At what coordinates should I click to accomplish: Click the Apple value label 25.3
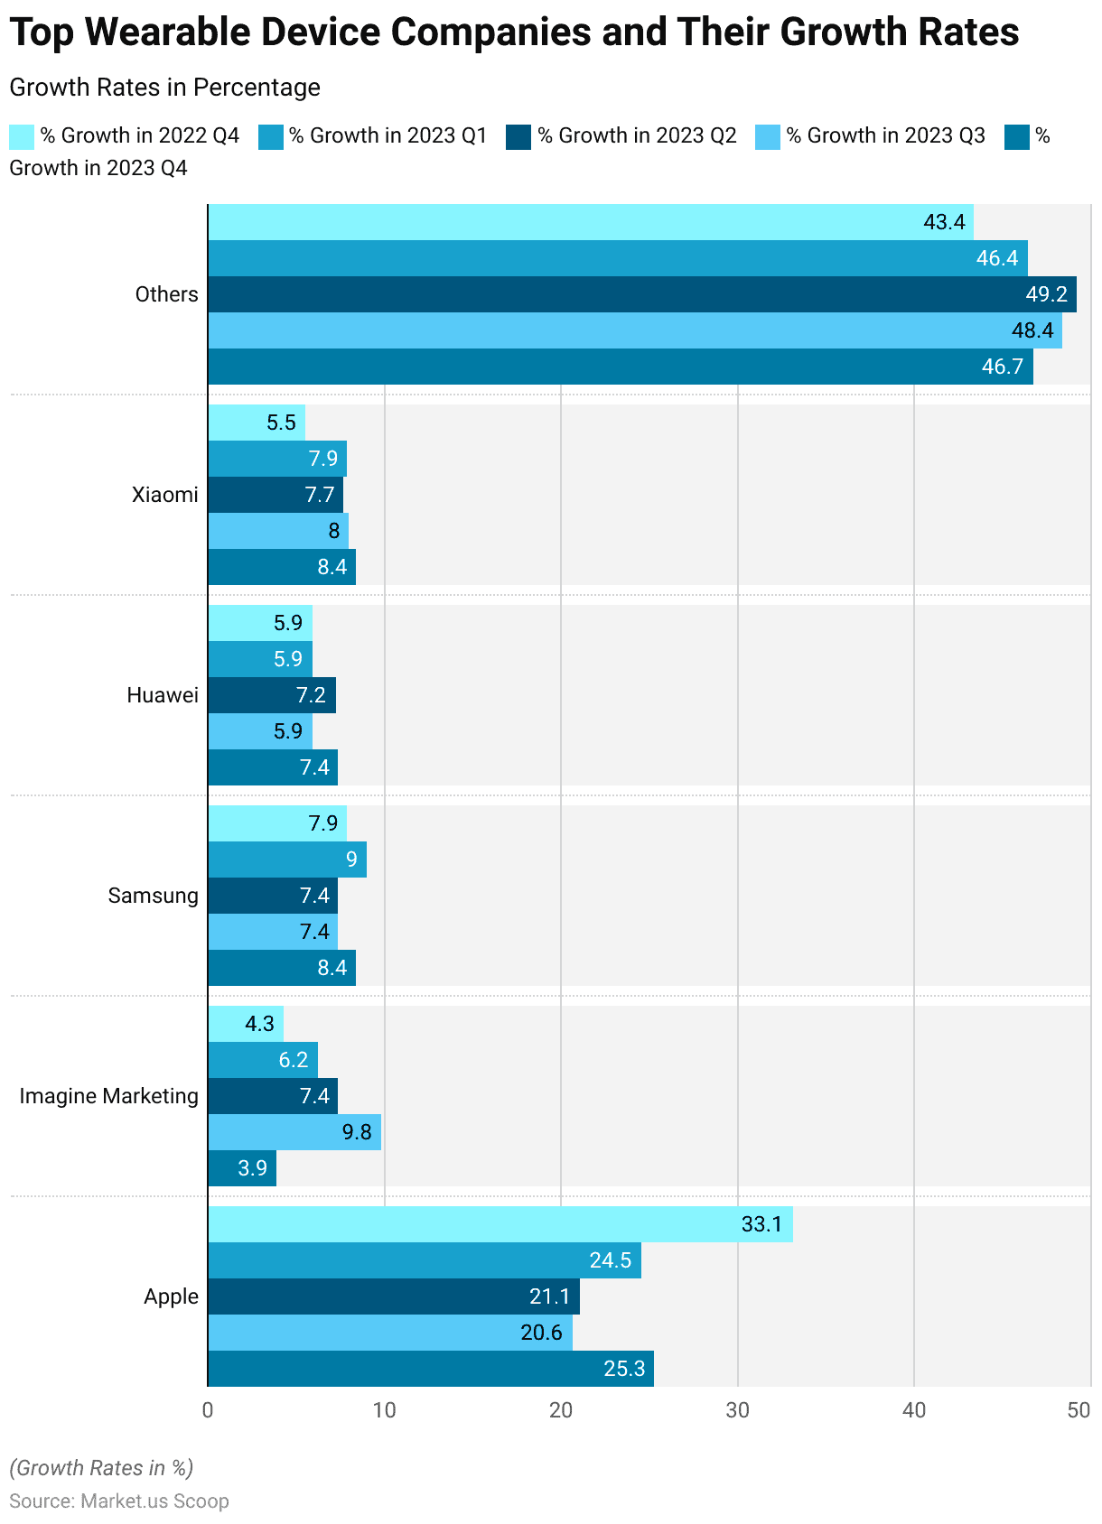(x=624, y=1369)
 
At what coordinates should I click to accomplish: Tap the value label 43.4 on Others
(x=944, y=222)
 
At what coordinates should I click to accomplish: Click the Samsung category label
(x=153, y=896)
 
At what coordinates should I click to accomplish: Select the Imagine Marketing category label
(x=108, y=1096)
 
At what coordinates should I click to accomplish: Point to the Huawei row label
(x=163, y=695)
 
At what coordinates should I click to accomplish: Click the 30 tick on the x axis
(x=738, y=1410)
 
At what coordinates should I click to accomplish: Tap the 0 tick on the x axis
(x=208, y=1410)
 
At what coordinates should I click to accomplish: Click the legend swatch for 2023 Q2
(x=518, y=136)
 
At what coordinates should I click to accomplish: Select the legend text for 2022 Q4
(x=139, y=135)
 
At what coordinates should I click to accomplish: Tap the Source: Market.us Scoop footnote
(x=119, y=1501)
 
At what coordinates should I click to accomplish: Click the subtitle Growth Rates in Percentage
(x=164, y=88)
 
